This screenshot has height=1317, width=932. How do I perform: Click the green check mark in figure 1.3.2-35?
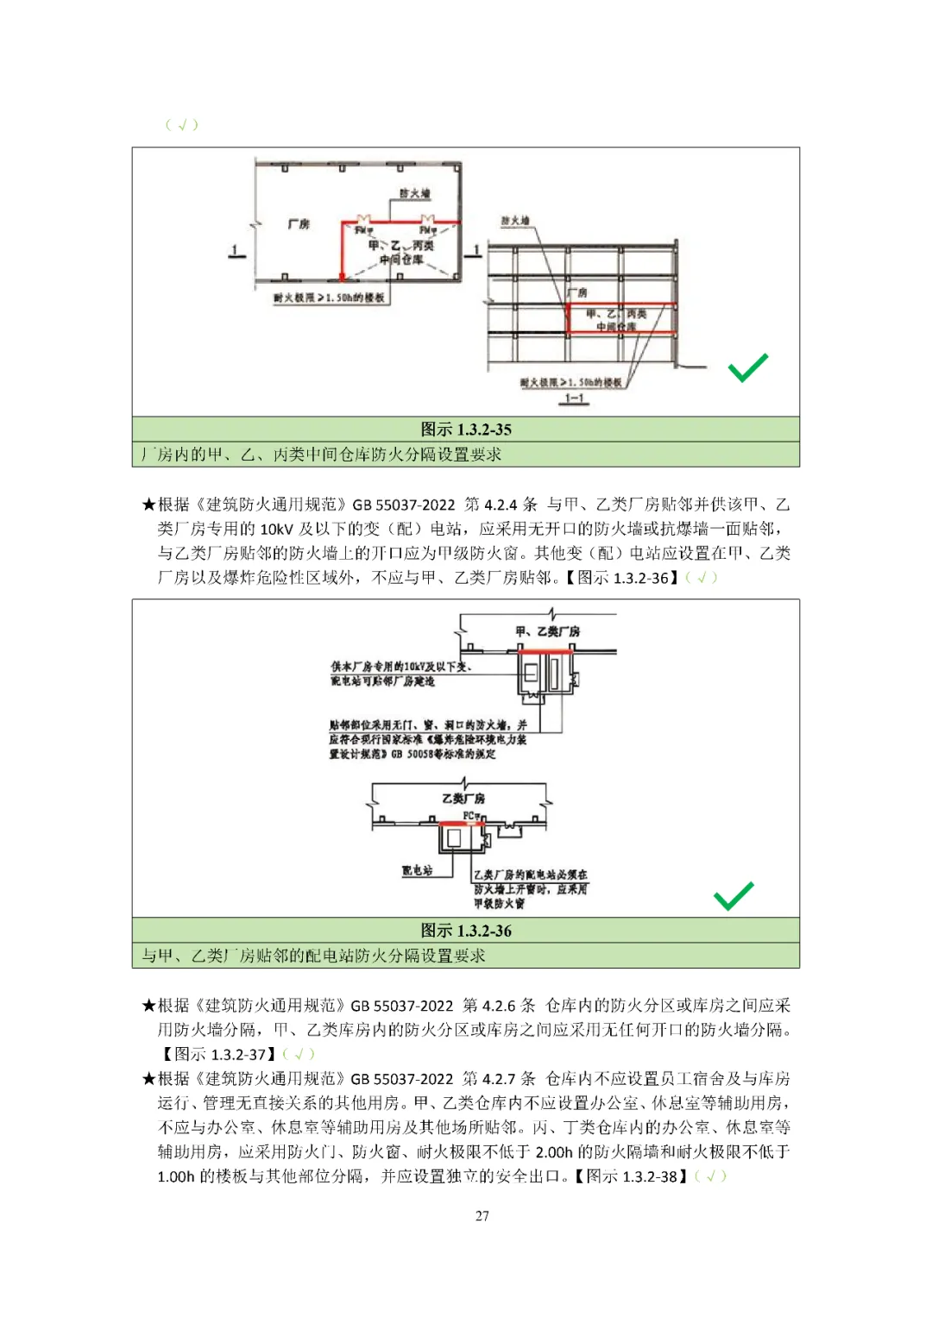(747, 367)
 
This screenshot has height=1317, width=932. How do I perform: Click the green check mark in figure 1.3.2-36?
(734, 896)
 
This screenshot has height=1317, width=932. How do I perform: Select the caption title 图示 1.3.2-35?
(466, 430)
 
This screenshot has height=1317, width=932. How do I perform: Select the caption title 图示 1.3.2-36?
(466, 931)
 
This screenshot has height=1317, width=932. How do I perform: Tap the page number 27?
(482, 1216)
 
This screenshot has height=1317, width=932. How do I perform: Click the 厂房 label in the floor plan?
(299, 224)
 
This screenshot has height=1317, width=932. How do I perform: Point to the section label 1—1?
(574, 398)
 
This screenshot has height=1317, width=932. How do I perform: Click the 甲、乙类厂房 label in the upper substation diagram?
(547, 631)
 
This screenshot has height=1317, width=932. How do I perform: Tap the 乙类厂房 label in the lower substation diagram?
(463, 798)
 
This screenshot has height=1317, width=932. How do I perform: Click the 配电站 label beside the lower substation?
(417, 870)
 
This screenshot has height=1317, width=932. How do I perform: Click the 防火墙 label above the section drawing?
(515, 221)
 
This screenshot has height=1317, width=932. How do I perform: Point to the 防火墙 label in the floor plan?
(414, 193)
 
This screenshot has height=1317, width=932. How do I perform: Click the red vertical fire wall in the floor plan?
(343, 250)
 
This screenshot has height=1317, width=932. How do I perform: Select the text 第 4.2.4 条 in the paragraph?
(501, 505)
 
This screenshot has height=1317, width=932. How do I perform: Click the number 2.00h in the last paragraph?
(554, 1152)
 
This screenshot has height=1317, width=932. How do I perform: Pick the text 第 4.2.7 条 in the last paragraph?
(499, 1079)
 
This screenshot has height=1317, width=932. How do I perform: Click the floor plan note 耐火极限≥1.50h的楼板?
(329, 298)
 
